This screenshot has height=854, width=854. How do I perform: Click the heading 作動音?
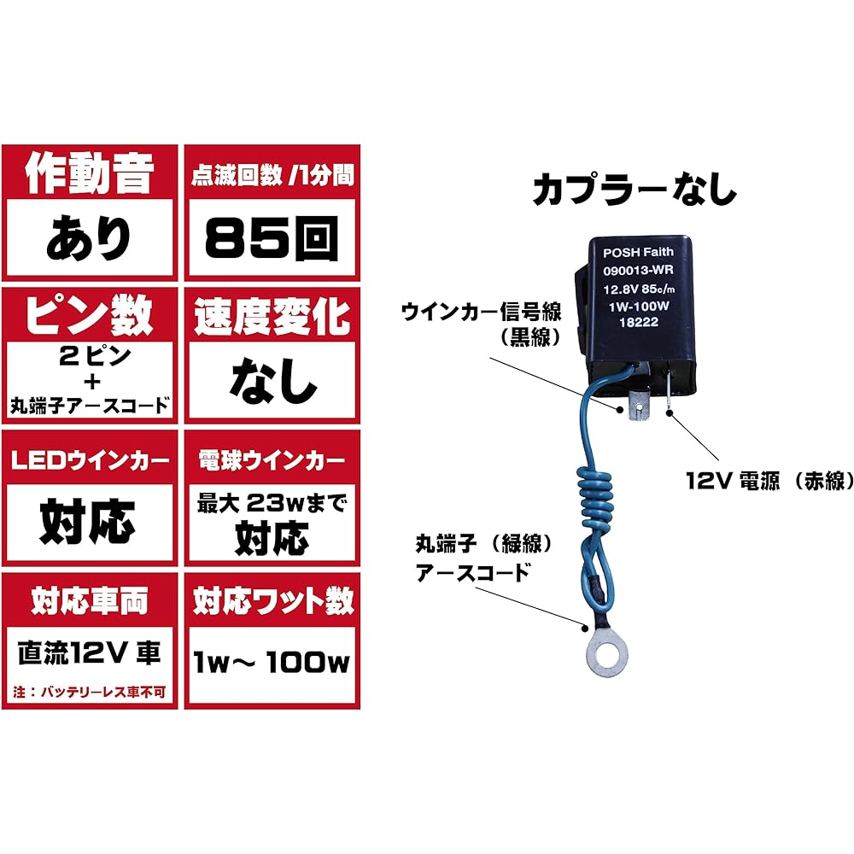pyautogui.click(x=90, y=173)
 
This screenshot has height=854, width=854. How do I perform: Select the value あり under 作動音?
pyautogui.click(x=89, y=238)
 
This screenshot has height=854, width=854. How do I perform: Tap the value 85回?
pyautogui.click(x=272, y=238)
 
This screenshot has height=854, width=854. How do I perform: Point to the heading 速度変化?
pyautogui.click(x=272, y=316)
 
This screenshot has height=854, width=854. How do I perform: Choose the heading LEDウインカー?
pyautogui.click(x=90, y=461)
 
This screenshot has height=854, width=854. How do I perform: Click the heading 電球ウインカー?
pyautogui.click(x=272, y=461)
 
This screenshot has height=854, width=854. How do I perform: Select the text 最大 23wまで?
pyautogui.click(x=272, y=503)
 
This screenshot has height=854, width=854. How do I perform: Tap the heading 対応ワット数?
pyautogui.click(x=273, y=601)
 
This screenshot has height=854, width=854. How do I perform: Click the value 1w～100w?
pyautogui.click(x=272, y=663)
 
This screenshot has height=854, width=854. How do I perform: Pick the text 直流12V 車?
pyautogui.click(x=90, y=653)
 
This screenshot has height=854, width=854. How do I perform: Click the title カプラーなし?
pyautogui.click(x=635, y=190)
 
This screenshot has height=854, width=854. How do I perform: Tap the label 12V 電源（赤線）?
pyautogui.click(x=769, y=481)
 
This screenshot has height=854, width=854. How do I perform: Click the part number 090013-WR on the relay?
pyautogui.click(x=638, y=270)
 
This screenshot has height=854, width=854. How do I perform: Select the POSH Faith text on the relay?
pyautogui.click(x=638, y=253)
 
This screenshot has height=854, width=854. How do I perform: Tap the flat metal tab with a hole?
pyautogui.click(x=638, y=407)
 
